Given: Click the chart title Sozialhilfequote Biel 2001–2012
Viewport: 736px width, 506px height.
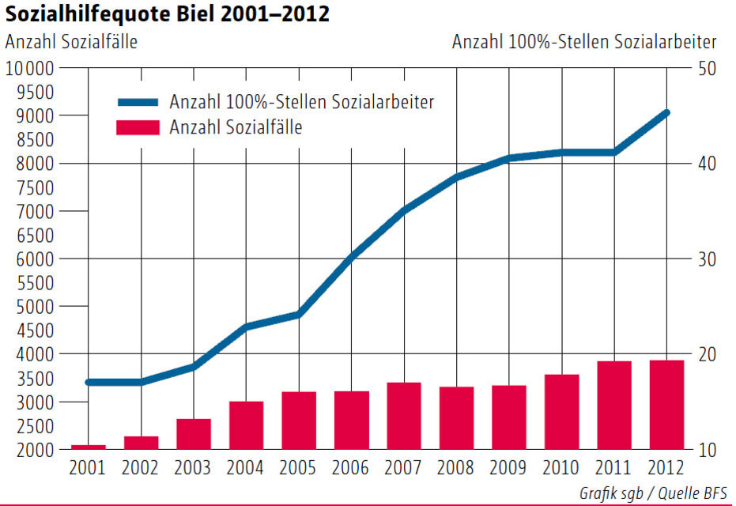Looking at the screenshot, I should (167, 13).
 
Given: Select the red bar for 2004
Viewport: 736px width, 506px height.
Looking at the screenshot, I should (246, 425).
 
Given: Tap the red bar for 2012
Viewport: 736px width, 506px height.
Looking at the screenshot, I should (667, 405).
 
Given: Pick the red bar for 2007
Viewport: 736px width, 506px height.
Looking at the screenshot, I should (404, 416).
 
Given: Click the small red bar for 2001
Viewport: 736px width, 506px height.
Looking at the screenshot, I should (88, 447).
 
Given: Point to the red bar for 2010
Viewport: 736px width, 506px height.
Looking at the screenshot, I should (562, 412).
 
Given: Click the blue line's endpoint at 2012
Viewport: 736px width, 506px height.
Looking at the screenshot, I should (667, 113).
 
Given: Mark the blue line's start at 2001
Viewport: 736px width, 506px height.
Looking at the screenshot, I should (88, 382).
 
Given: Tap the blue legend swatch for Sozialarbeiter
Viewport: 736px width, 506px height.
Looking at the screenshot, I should (139, 102).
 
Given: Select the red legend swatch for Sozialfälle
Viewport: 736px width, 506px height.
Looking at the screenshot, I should (139, 127).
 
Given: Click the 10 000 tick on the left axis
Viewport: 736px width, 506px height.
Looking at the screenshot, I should (30, 68).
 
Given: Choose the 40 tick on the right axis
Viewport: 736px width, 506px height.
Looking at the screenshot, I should (706, 164).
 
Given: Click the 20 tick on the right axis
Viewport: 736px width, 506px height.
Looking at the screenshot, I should (706, 353).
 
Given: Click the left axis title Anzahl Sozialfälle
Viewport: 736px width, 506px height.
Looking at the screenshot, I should (71, 42).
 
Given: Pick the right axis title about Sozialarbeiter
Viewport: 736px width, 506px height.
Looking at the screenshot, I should (584, 42).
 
